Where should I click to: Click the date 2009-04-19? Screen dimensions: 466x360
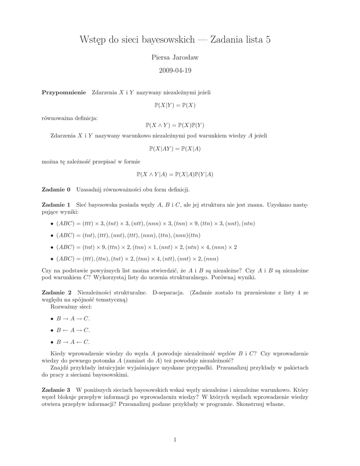(x=175, y=71)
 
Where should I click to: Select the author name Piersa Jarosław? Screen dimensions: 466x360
(x=175, y=57)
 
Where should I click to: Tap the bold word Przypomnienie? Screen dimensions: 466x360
(x=64, y=92)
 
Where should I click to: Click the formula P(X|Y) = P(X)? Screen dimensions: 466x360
(x=175, y=105)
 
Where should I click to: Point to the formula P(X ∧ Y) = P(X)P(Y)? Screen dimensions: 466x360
(x=175, y=125)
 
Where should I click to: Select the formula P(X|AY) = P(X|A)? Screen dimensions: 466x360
(x=175, y=148)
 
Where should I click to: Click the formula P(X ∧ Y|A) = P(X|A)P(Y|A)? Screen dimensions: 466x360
(x=175, y=174)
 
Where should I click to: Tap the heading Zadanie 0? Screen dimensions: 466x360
(x=56, y=189)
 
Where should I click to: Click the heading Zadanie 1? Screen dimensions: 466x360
(x=56, y=205)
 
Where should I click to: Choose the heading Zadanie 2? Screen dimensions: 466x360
(x=56, y=292)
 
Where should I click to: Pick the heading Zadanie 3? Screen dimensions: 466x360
(x=56, y=390)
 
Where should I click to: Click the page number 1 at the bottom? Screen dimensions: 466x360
(x=175, y=439)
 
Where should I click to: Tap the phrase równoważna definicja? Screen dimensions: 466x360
(x=69, y=118)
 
